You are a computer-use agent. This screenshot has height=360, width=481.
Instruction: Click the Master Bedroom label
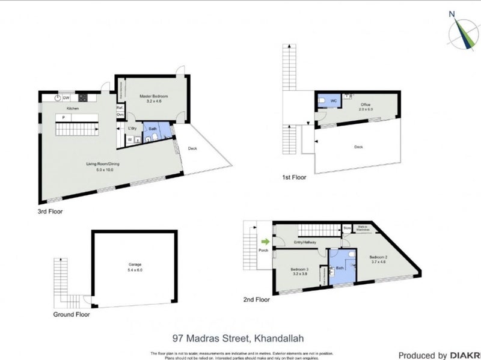pos(153,96)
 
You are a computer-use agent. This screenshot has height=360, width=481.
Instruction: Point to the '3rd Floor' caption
pos(50,212)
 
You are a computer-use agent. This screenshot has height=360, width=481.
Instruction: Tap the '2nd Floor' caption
pos(256,299)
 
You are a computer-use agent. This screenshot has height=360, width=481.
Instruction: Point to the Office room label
pos(366,105)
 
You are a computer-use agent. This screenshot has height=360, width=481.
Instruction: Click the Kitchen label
pos(73,108)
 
